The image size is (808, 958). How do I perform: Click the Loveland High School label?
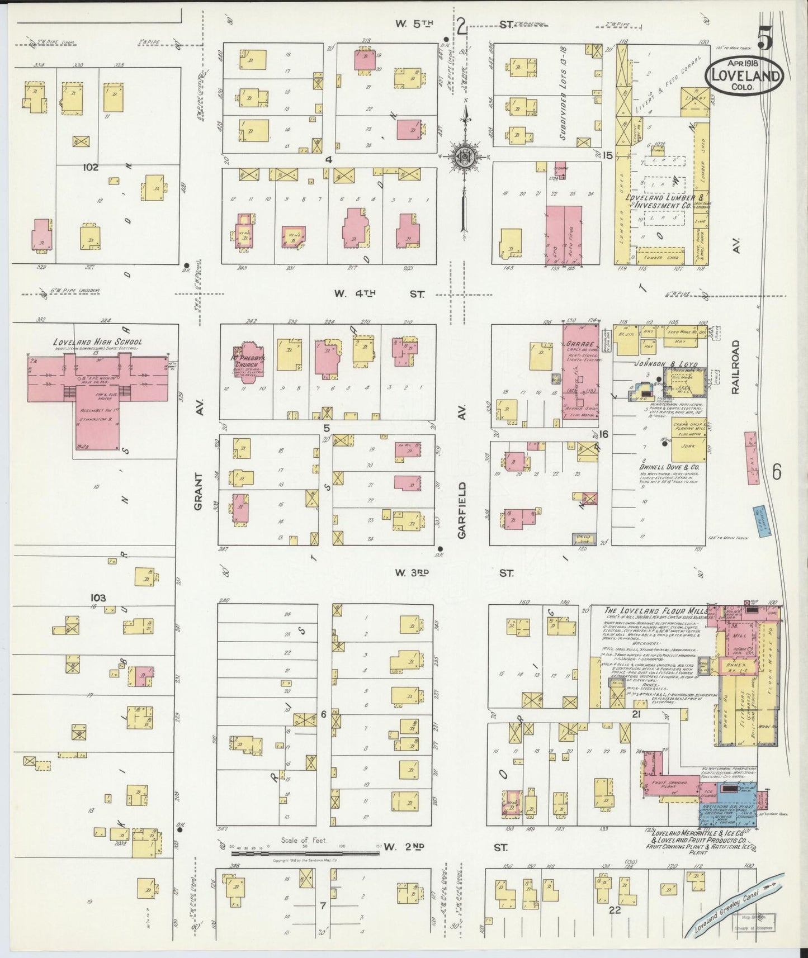(x=97, y=342)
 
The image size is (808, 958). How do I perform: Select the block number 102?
(x=90, y=167)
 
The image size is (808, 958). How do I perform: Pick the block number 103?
(x=98, y=597)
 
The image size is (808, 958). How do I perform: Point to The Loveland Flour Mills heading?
(x=649, y=610)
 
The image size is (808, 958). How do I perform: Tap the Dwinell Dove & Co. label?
(x=671, y=466)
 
